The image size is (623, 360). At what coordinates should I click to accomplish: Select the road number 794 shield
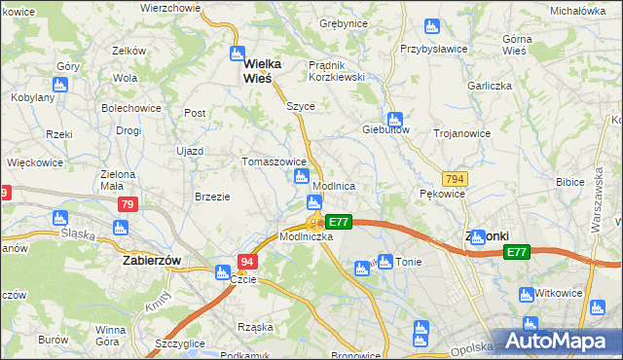pos(454,179)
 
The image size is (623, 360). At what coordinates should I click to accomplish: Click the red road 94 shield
pos(248,262)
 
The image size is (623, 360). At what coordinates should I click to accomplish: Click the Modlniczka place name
pos(307,236)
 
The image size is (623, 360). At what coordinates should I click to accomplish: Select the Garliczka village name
pos(490,85)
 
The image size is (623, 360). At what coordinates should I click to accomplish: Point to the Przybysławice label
pos(434,48)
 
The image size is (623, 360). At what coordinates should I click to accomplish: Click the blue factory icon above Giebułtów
pos(392,115)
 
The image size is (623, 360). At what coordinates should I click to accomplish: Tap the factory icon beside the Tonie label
pos(385,261)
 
